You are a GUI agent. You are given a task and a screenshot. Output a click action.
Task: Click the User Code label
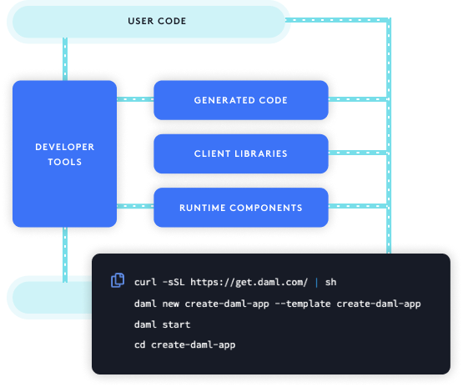(157, 21)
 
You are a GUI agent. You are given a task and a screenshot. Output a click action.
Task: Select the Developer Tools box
(65, 153)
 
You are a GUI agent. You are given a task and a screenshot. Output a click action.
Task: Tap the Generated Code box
(241, 100)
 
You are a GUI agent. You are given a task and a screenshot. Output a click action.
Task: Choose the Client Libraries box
(241, 153)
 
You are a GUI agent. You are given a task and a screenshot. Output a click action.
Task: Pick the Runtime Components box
(241, 208)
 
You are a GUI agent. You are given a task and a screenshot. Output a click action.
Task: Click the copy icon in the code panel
(118, 280)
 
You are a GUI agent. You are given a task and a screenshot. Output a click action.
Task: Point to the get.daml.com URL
(249, 282)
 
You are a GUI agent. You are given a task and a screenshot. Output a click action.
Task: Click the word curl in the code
(145, 282)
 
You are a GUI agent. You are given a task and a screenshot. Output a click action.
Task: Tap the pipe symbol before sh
(316, 283)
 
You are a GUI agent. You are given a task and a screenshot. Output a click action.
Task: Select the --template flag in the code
(303, 304)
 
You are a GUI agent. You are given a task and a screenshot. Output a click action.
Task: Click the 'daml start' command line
(162, 324)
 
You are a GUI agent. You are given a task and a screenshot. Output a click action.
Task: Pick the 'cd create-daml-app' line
(185, 344)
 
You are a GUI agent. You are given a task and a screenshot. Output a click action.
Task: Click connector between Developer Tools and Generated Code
(135, 99)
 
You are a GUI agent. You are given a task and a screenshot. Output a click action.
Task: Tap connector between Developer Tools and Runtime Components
(135, 206)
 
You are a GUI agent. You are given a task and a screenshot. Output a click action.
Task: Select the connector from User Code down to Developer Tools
(65, 59)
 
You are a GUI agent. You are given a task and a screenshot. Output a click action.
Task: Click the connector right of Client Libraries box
(358, 153)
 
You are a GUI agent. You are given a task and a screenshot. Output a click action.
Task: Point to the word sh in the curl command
(330, 282)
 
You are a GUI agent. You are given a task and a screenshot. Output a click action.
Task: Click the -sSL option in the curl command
(174, 282)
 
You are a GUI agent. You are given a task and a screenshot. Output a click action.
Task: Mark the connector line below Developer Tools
(65, 254)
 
